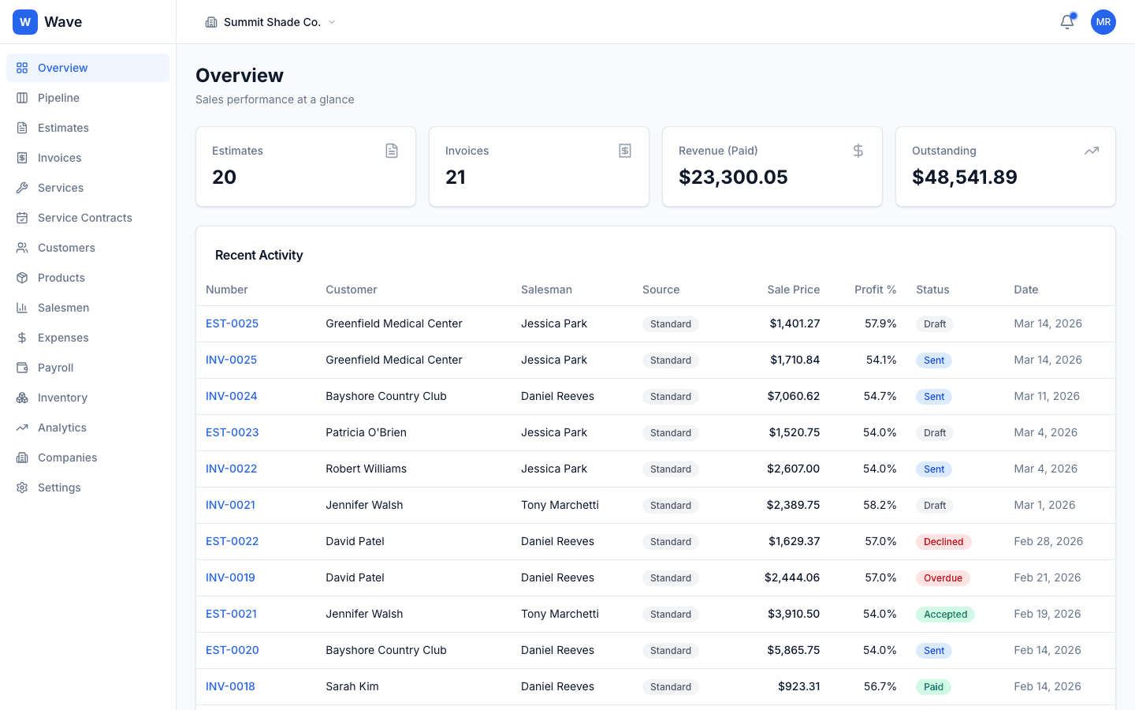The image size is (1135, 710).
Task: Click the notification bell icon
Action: (1066, 22)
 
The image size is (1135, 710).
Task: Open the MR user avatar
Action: (1103, 22)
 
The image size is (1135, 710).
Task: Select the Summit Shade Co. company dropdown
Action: (270, 22)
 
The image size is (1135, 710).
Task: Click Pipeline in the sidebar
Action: (58, 98)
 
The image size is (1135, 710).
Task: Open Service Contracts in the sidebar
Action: (84, 218)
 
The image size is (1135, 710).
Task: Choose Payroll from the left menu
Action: (55, 368)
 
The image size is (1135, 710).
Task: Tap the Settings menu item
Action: (59, 488)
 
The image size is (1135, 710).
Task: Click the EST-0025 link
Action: (232, 323)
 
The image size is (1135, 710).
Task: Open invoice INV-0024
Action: (231, 396)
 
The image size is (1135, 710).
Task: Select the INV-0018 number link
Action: (230, 686)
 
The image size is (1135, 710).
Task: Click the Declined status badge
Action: (943, 542)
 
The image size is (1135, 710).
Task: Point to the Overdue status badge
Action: (943, 578)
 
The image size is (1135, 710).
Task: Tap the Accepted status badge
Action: (945, 615)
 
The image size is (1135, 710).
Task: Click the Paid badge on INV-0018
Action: (933, 687)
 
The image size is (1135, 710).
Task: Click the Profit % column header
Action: (875, 290)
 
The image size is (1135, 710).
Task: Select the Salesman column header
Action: (546, 290)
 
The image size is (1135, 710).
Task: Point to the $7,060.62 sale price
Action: (793, 396)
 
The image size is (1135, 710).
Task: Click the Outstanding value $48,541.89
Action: (964, 177)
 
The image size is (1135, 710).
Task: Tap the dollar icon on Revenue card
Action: (858, 151)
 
